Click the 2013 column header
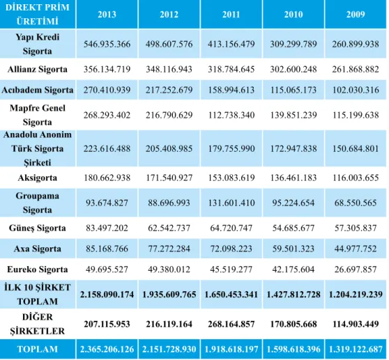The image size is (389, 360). pos(107,15)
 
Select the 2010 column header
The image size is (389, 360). pos(293,15)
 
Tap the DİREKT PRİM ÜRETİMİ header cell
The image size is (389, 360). pos(38,14)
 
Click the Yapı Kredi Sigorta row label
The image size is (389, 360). pos(38,44)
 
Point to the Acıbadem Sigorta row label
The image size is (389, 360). pos(38,90)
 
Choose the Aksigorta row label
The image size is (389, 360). pos(38,178)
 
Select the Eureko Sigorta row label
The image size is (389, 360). pos(38,269)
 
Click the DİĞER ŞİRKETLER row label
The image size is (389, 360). pos(38,324)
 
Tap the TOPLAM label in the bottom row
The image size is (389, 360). pos(38,349)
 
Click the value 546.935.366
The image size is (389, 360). pos(107,44)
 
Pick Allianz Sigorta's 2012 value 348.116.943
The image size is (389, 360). pos(169,69)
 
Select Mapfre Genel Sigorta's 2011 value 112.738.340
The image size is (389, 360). pos(231,115)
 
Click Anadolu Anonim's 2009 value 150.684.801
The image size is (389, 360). pos(356,148)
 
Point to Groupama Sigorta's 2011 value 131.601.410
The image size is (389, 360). pos(231,203)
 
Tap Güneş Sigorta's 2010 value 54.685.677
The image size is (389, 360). pos(293,228)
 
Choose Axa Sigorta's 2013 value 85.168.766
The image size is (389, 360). pos(107,249)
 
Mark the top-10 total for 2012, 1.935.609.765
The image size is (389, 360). pos(169,295)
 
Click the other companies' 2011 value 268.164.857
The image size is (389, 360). pos(231,324)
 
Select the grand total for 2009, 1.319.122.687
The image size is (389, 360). pos(356,349)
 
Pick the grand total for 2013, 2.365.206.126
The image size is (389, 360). pos(107,349)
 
